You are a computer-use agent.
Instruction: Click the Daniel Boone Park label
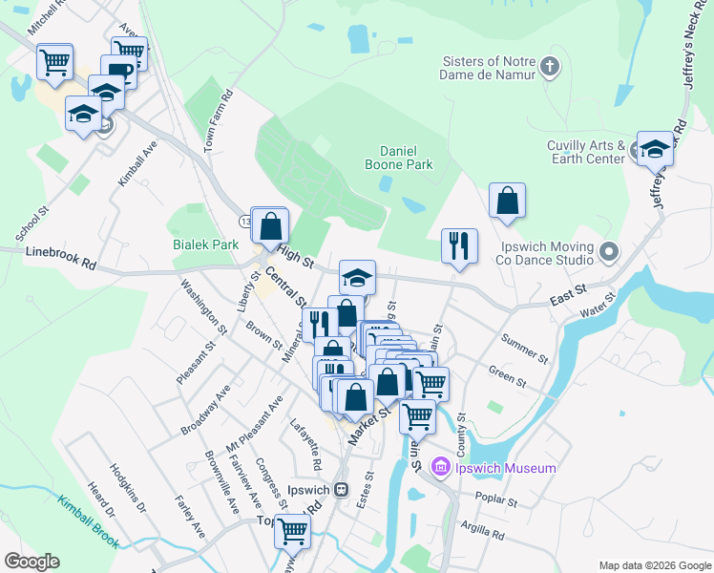(x=406, y=158)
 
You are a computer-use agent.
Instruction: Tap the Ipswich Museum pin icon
(x=440, y=468)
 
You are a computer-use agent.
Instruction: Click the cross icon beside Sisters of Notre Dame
(x=549, y=67)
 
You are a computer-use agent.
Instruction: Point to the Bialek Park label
(x=205, y=244)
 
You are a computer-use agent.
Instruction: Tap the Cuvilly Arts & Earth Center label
(x=585, y=152)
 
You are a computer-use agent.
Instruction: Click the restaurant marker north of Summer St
(x=459, y=245)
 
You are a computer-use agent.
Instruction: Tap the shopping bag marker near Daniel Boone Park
(x=507, y=201)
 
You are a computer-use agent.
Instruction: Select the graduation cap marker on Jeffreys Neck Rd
(x=655, y=149)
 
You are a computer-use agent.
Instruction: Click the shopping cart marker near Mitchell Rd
(x=54, y=62)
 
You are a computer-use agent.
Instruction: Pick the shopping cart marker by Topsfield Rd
(x=292, y=530)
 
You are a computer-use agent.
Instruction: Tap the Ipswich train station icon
(x=342, y=489)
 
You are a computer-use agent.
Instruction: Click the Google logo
(x=32, y=562)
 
